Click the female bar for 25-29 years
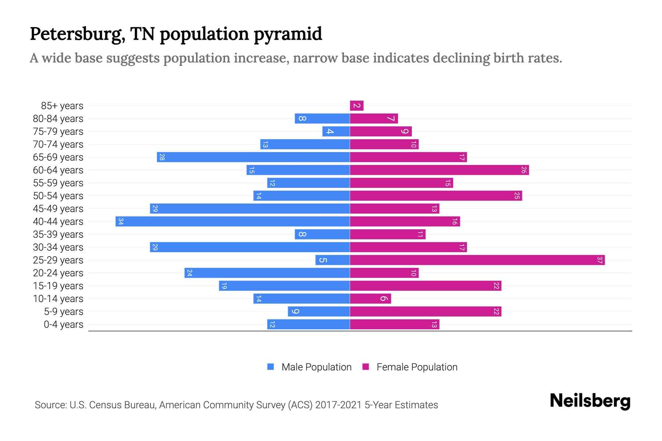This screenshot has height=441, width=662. (x=477, y=260)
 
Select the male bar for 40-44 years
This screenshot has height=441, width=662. (x=232, y=222)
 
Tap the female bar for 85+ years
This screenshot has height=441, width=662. (x=357, y=106)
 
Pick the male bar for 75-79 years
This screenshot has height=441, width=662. (x=336, y=132)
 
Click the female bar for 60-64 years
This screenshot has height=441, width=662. (x=439, y=170)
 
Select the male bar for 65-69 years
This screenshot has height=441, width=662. (x=253, y=157)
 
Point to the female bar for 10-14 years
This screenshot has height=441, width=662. (x=370, y=299)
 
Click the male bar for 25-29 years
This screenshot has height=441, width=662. (x=332, y=260)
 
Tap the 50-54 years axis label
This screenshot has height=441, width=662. (x=58, y=196)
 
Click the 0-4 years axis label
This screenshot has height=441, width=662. (x=63, y=325)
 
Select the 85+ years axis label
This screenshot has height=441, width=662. (x=62, y=106)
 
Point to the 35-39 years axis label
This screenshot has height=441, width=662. (x=58, y=234)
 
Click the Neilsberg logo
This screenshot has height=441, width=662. (x=590, y=401)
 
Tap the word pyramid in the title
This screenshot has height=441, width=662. (x=288, y=34)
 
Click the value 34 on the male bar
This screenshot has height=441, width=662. (x=121, y=222)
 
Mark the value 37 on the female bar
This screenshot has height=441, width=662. (x=599, y=260)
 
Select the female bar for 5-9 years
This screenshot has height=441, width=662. (x=426, y=312)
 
